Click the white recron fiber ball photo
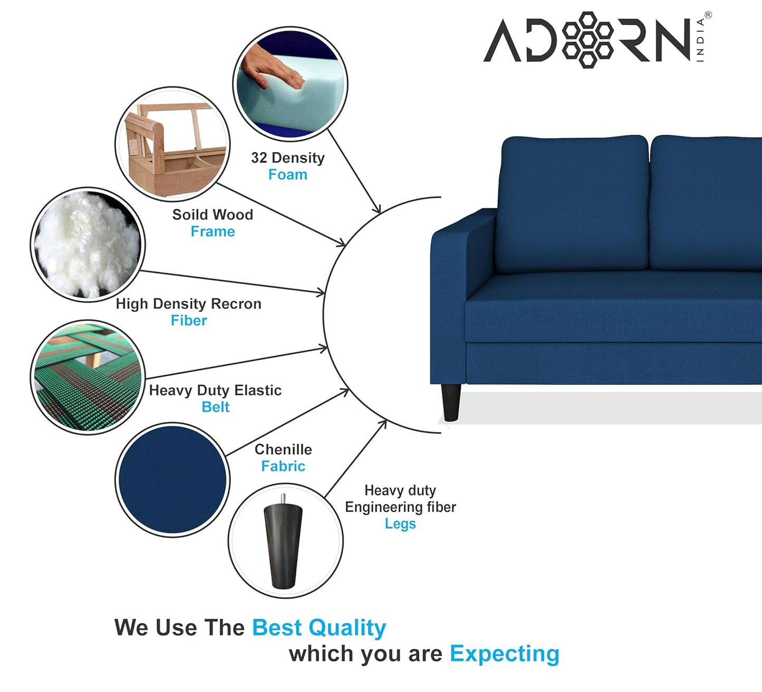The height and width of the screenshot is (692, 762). [88, 244]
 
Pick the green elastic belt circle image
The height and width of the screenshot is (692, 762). [88, 377]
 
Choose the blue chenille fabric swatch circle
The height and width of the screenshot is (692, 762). [172, 480]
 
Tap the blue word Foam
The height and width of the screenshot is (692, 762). [287, 175]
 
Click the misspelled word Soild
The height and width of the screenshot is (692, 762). [188, 215]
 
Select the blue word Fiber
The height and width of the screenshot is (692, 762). [189, 321]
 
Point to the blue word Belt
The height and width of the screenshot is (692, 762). [215, 407]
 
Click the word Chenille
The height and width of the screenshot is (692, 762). [283, 450]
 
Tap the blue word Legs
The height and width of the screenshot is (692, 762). [400, 524]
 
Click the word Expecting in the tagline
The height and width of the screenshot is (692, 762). [504, 654]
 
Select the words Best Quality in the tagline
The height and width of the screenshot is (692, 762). [319, 628]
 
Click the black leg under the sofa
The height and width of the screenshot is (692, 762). [451, 402]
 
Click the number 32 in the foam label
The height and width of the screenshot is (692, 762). [259, 158]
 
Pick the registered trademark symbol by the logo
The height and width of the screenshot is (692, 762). [708, 15]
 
